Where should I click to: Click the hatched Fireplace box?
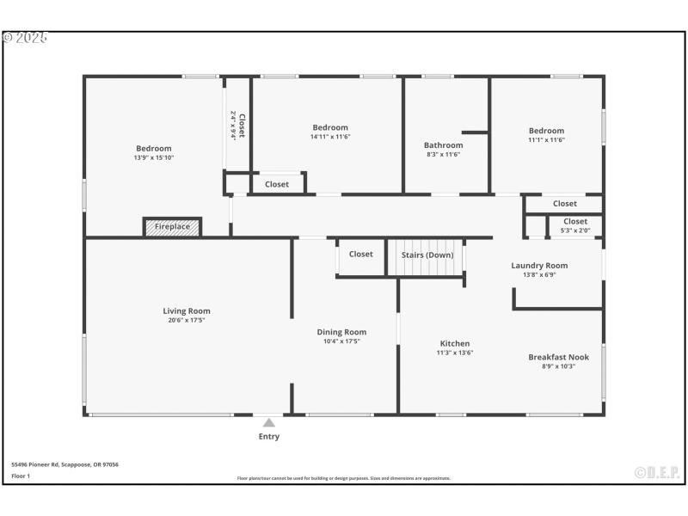point(172,227)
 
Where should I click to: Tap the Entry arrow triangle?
point(269,422)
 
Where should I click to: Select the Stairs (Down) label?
point(427,255)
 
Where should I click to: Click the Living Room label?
point(187,311)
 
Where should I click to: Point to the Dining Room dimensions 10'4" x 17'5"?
point(341,341)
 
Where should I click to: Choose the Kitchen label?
point(454,344)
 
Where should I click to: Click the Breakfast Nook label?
point(558,357)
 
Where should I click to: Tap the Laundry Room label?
point(539,266)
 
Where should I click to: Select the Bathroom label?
point(443,145)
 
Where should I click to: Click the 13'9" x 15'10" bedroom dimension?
point(154,158)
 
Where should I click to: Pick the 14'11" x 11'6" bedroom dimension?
point(330,137)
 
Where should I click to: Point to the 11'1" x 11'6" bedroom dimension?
point(546,140)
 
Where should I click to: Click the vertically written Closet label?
point(242,126)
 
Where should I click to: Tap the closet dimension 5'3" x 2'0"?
point(575,230)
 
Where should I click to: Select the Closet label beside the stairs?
point(361,254)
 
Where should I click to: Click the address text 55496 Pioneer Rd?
point(64,464)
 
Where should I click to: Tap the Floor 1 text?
point(21,476)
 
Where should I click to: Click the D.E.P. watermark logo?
point(657,472)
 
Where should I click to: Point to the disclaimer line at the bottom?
point(343,478)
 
